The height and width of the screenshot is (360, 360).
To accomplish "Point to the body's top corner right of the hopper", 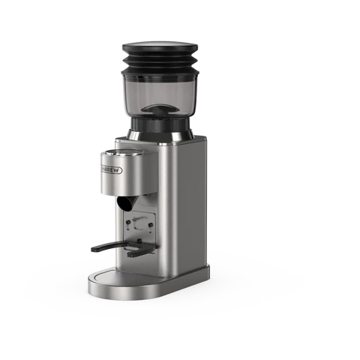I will pyautogui.click(x=196, y=142).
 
